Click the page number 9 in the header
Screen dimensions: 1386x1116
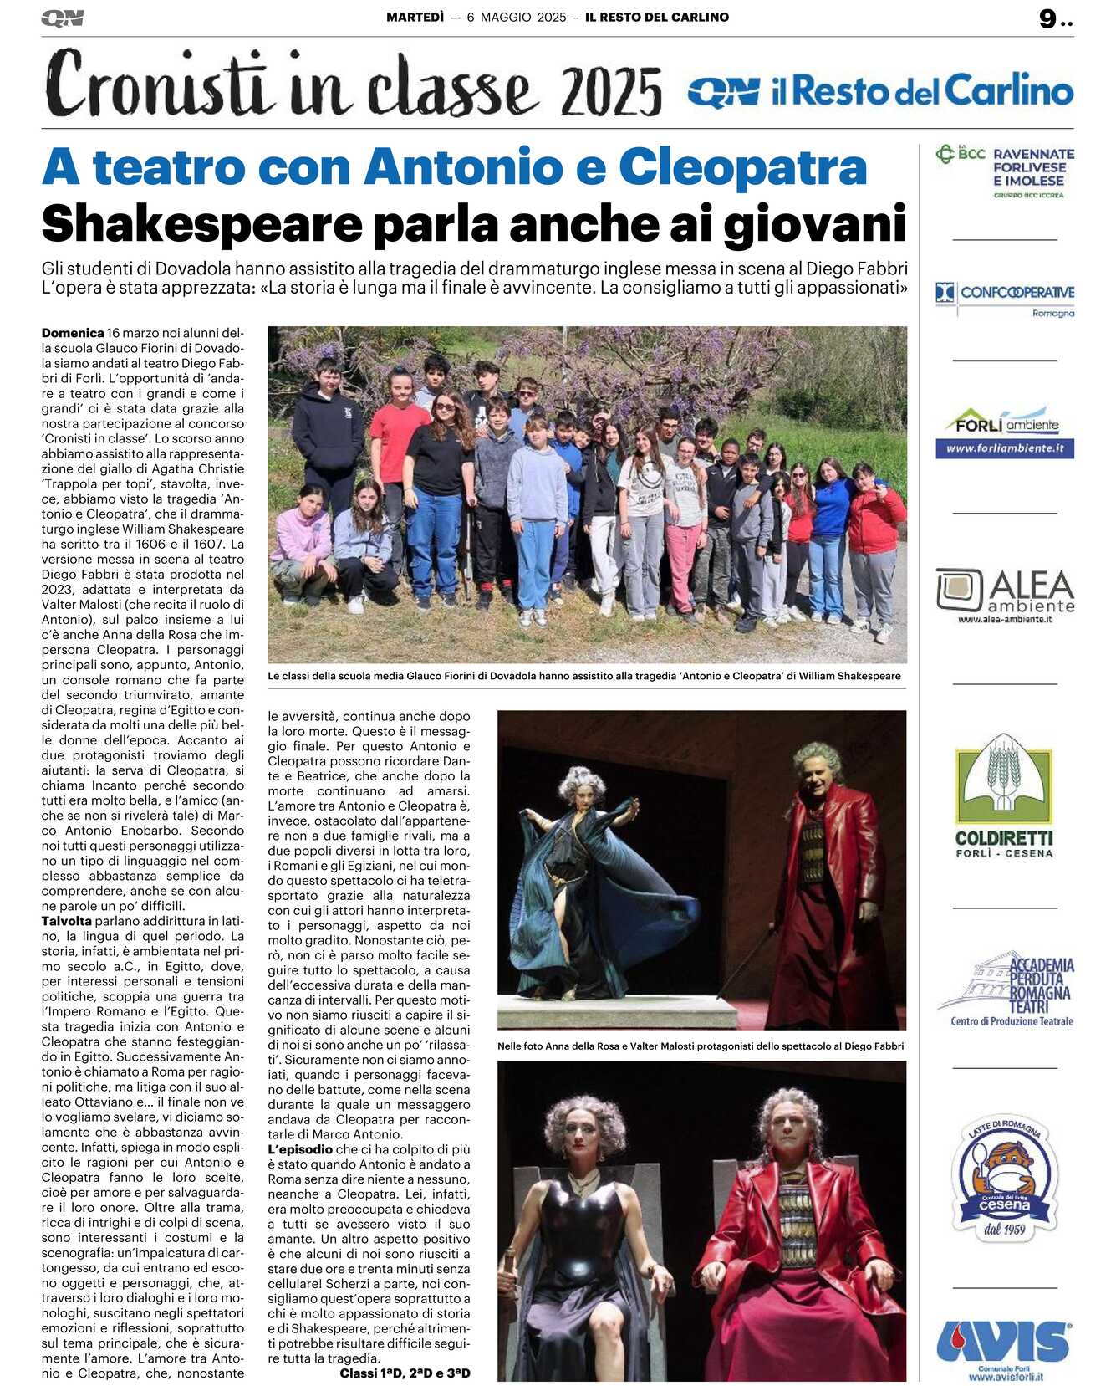click(1047, 18)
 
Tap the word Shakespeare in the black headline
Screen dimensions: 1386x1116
click(202, 223)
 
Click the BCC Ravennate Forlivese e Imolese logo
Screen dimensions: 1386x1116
click(1005, 171)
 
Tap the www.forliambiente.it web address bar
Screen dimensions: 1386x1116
click(1004, 448)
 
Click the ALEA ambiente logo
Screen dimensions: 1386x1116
click(1005, 595)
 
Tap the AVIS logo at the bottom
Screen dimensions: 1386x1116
click(1004, 1342)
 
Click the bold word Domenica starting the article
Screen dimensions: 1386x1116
click(73, 333)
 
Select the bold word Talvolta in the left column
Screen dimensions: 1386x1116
click(67, 921)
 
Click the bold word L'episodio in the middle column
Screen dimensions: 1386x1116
click(300, 1149)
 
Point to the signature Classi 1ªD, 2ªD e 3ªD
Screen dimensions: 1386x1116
click(405, 1373)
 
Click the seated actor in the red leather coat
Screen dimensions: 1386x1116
click(794, 1238)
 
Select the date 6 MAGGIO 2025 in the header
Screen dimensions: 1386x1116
click(516, 17)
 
